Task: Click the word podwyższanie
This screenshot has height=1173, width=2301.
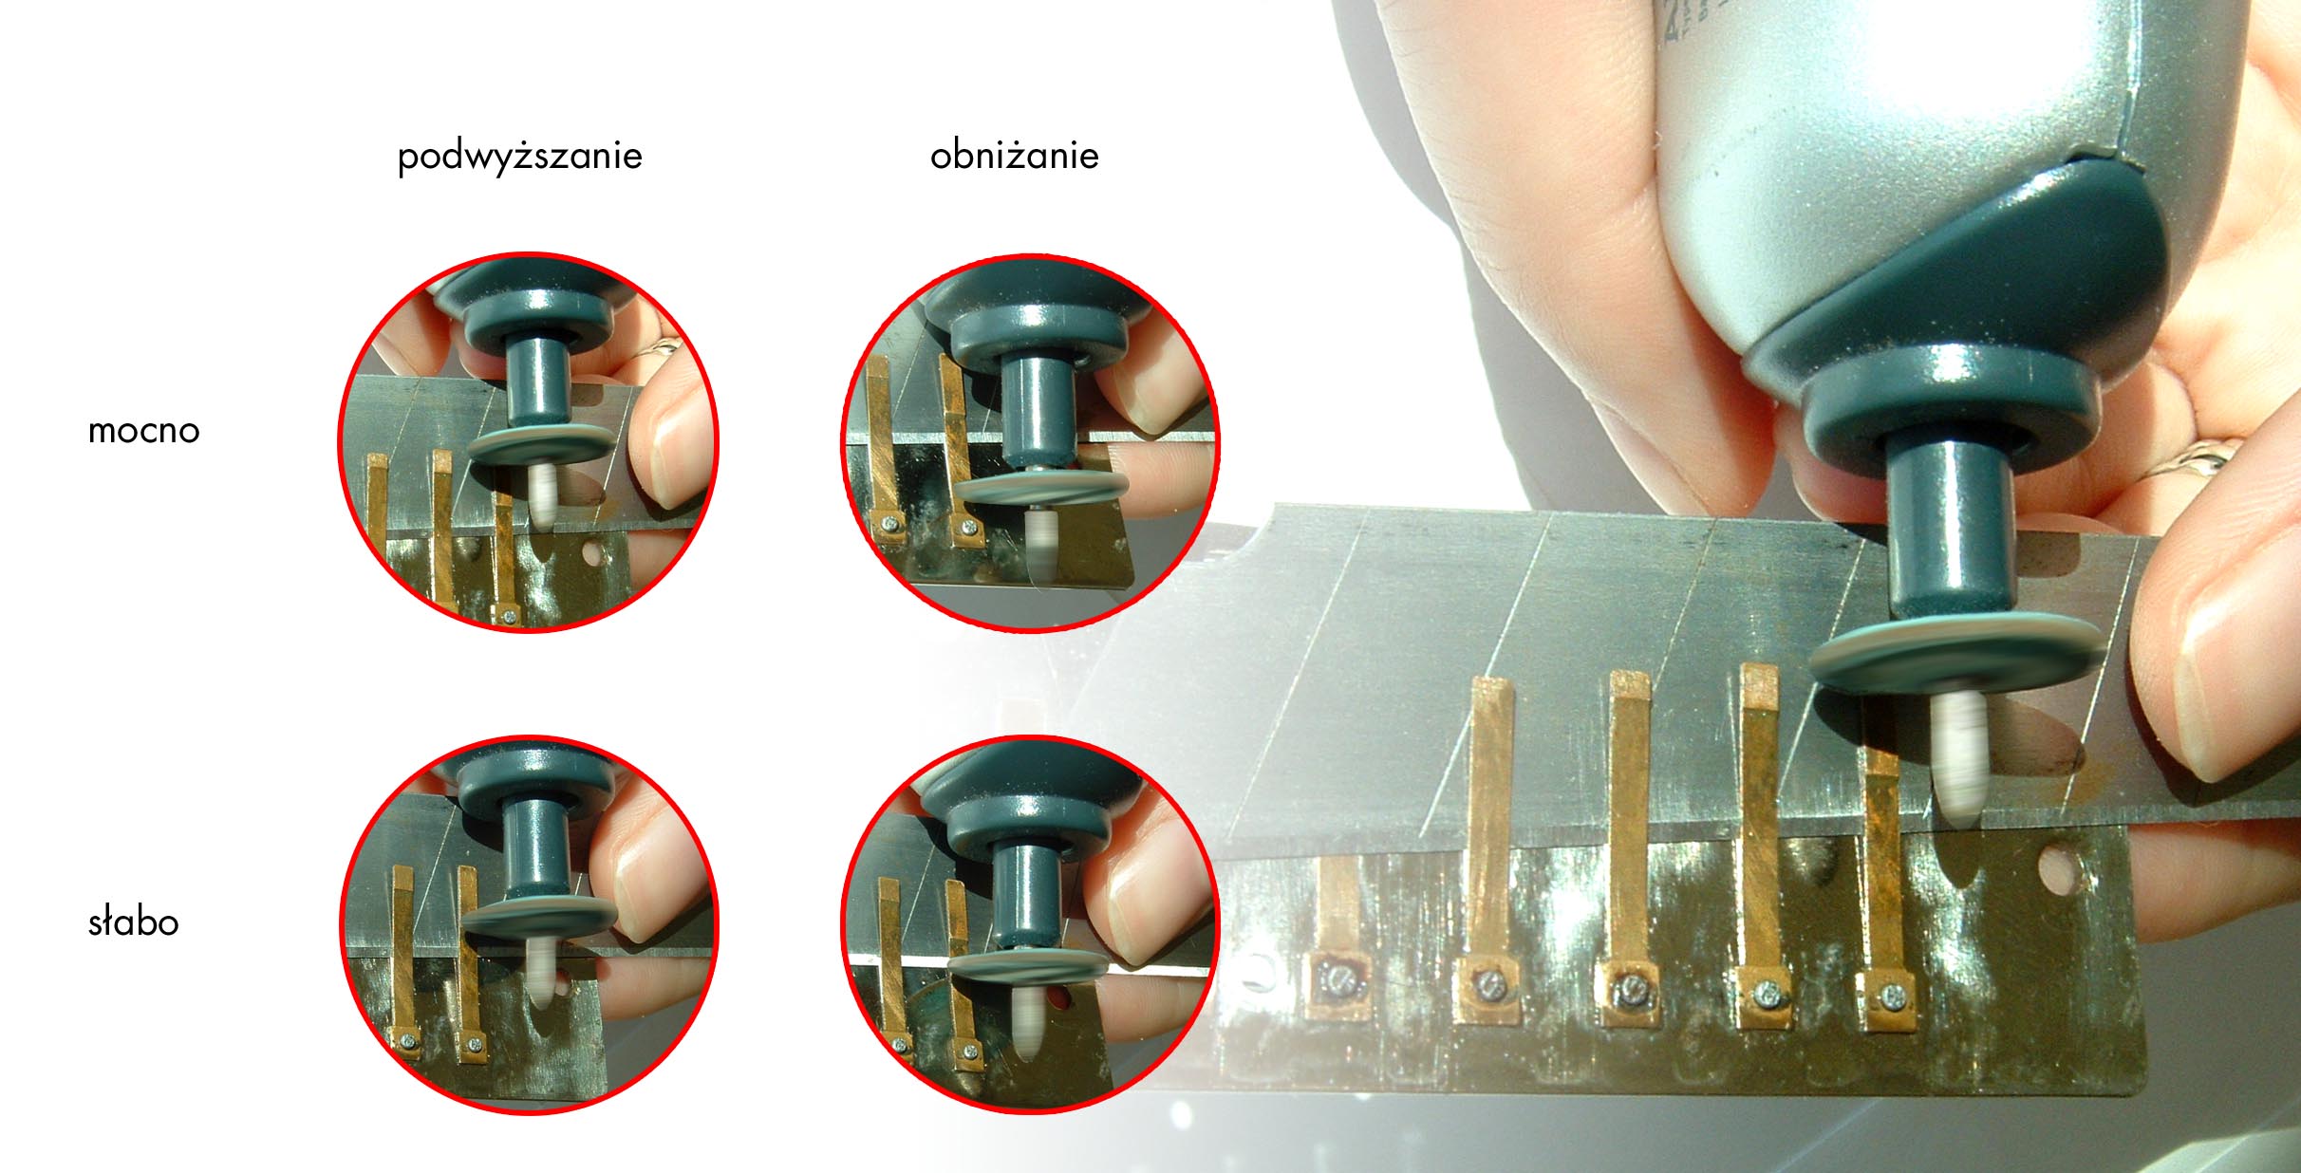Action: point(519,157)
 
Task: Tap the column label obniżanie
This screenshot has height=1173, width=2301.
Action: point(1014,156)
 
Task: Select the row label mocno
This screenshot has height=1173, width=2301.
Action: point(143,431)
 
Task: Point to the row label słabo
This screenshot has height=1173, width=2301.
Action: point(133,922)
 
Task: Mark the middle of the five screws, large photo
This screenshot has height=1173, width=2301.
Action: point(1632,990)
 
